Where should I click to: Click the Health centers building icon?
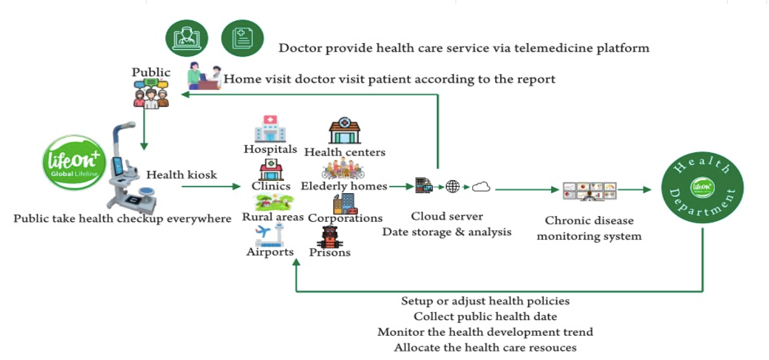[x=344, y=131]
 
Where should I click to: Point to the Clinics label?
[x=271, y=186]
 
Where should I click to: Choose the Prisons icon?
[x=329, y=236]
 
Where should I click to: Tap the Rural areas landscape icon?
[x=274, y=202]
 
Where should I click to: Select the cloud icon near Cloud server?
[x=481, y=187]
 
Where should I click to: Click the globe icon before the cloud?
[x=452, y=187]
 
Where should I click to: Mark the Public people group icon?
[x=151, y=92]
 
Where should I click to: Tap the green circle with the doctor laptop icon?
[x=187, y=39]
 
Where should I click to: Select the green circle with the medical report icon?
[x=242, y=39]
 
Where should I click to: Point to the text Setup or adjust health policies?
[x=485, y=301]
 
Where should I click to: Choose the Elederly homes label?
[x=344, y=187]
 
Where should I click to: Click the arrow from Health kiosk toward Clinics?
[x=210, y=187]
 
